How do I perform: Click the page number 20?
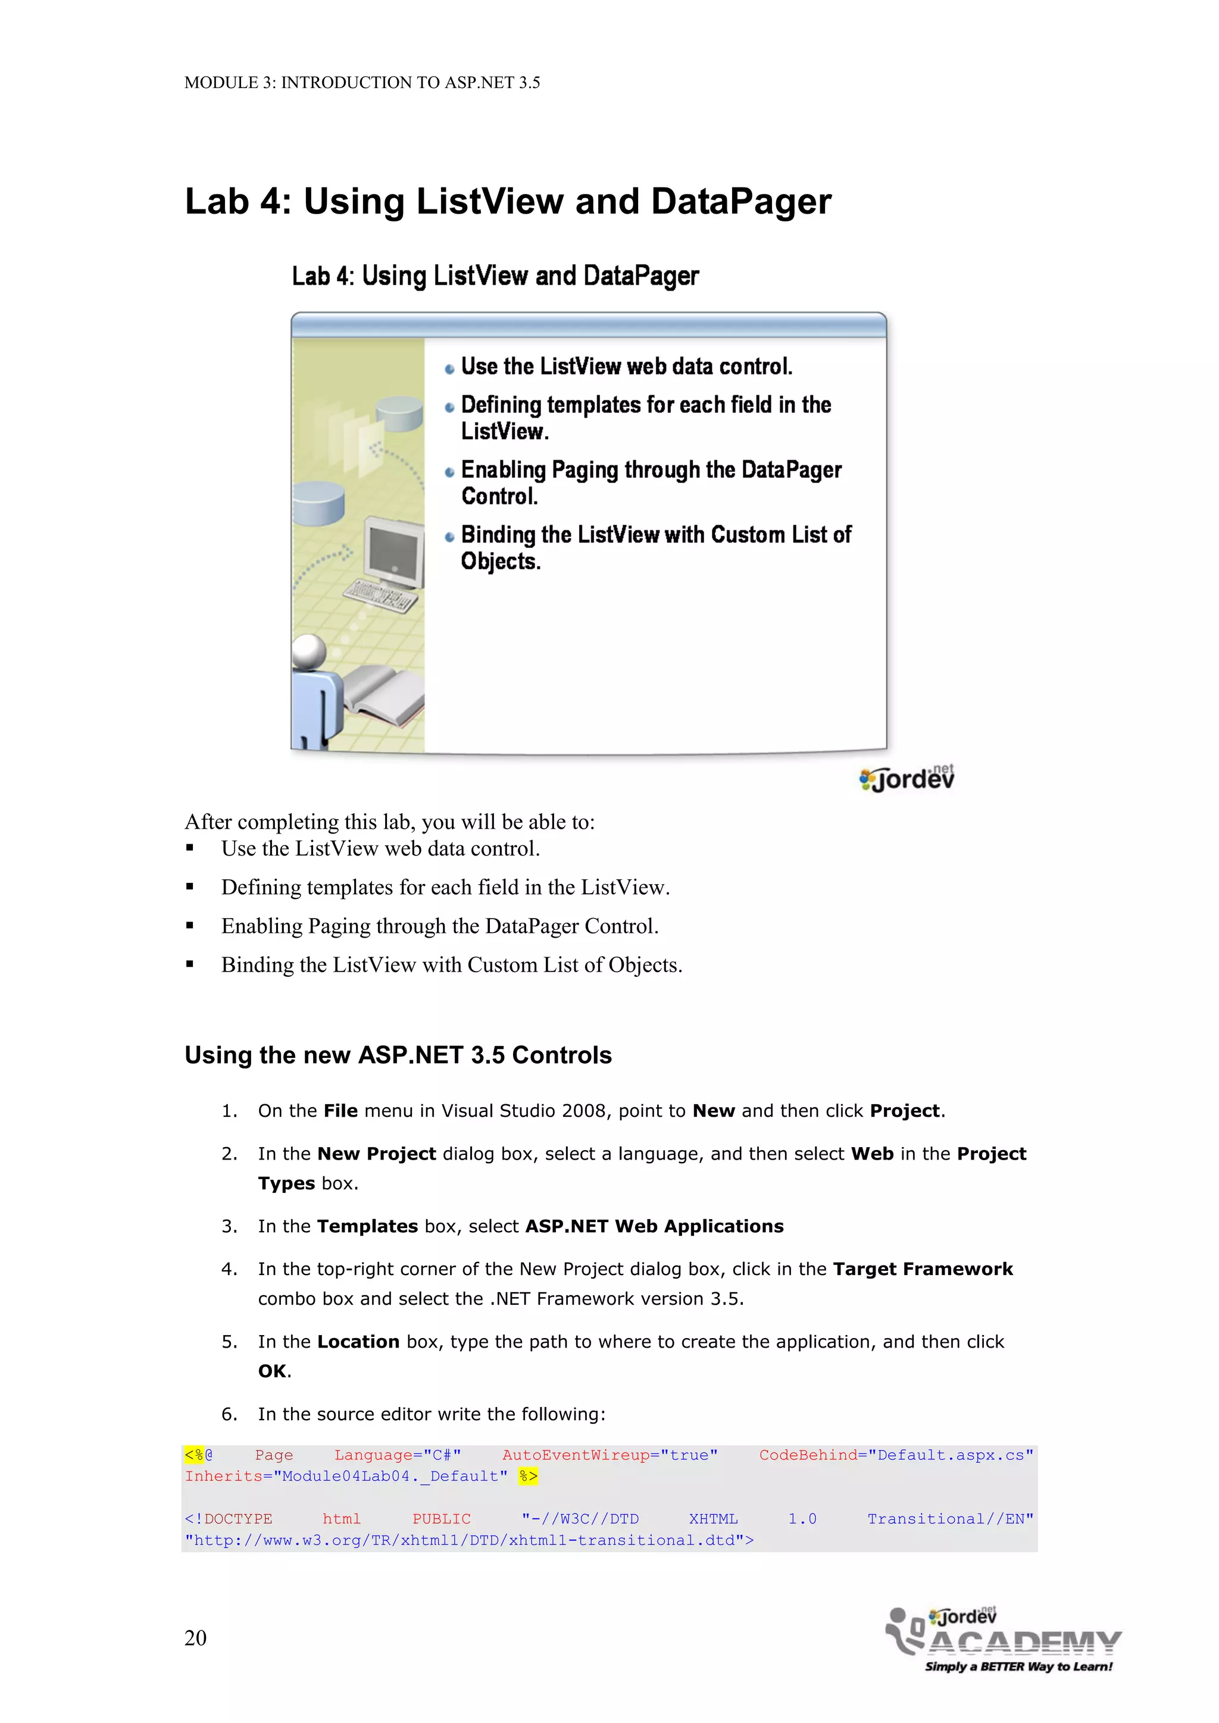tap(195, 1637)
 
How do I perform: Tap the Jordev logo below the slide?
tap(907, 778)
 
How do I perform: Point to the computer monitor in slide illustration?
tap(393, 553)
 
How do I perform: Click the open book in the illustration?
tap(383, 694)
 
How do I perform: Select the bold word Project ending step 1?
tap(905, 1111)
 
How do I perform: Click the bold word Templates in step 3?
tap(367, 1226)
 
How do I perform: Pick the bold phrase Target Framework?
tap(923, 1269)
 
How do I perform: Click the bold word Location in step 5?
tap(358, 1342)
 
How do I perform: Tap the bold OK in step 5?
tap(273, 1371)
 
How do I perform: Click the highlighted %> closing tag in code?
tap(528, 1476)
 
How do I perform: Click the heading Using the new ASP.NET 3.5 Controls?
tap(398, 1055)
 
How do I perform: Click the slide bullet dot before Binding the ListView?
tap(449, 537)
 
